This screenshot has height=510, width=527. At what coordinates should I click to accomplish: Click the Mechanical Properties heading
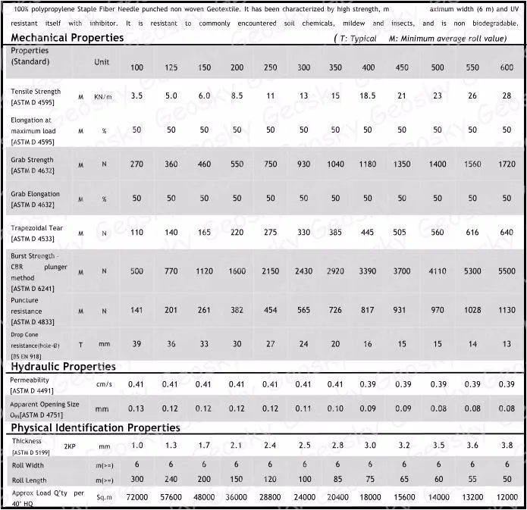point(67,37)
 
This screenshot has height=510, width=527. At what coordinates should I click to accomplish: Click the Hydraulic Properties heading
point(63,367)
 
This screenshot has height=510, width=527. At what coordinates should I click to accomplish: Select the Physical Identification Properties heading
point(95,428)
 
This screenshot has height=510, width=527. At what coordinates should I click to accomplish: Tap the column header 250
point(271,67)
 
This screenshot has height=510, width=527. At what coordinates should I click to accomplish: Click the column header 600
point(507,67)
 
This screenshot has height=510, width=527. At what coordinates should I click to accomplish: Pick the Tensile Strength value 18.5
point(368,96)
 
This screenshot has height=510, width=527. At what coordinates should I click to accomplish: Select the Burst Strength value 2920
point(335,271)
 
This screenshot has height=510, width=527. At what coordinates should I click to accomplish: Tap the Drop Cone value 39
point(136,343)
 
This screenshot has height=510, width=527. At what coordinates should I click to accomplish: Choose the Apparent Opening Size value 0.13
point(136,408)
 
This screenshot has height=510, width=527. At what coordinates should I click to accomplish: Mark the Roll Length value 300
point(136,480)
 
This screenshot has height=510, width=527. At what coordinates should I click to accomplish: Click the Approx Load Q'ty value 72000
point(136,497)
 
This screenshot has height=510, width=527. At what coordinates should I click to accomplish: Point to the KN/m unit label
point(103,97)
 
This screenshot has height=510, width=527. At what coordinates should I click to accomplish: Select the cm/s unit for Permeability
point(104,385)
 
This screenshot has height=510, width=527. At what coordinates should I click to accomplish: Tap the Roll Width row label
point(27,465)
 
